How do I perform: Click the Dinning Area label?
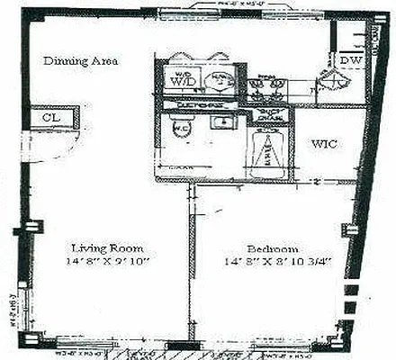point(82,60)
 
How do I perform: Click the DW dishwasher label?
point(350,60)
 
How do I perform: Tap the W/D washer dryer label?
point(180,79)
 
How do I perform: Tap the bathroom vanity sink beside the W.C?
point(221,125)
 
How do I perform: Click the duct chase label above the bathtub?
point(271,118)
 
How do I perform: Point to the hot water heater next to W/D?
point(219,79)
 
